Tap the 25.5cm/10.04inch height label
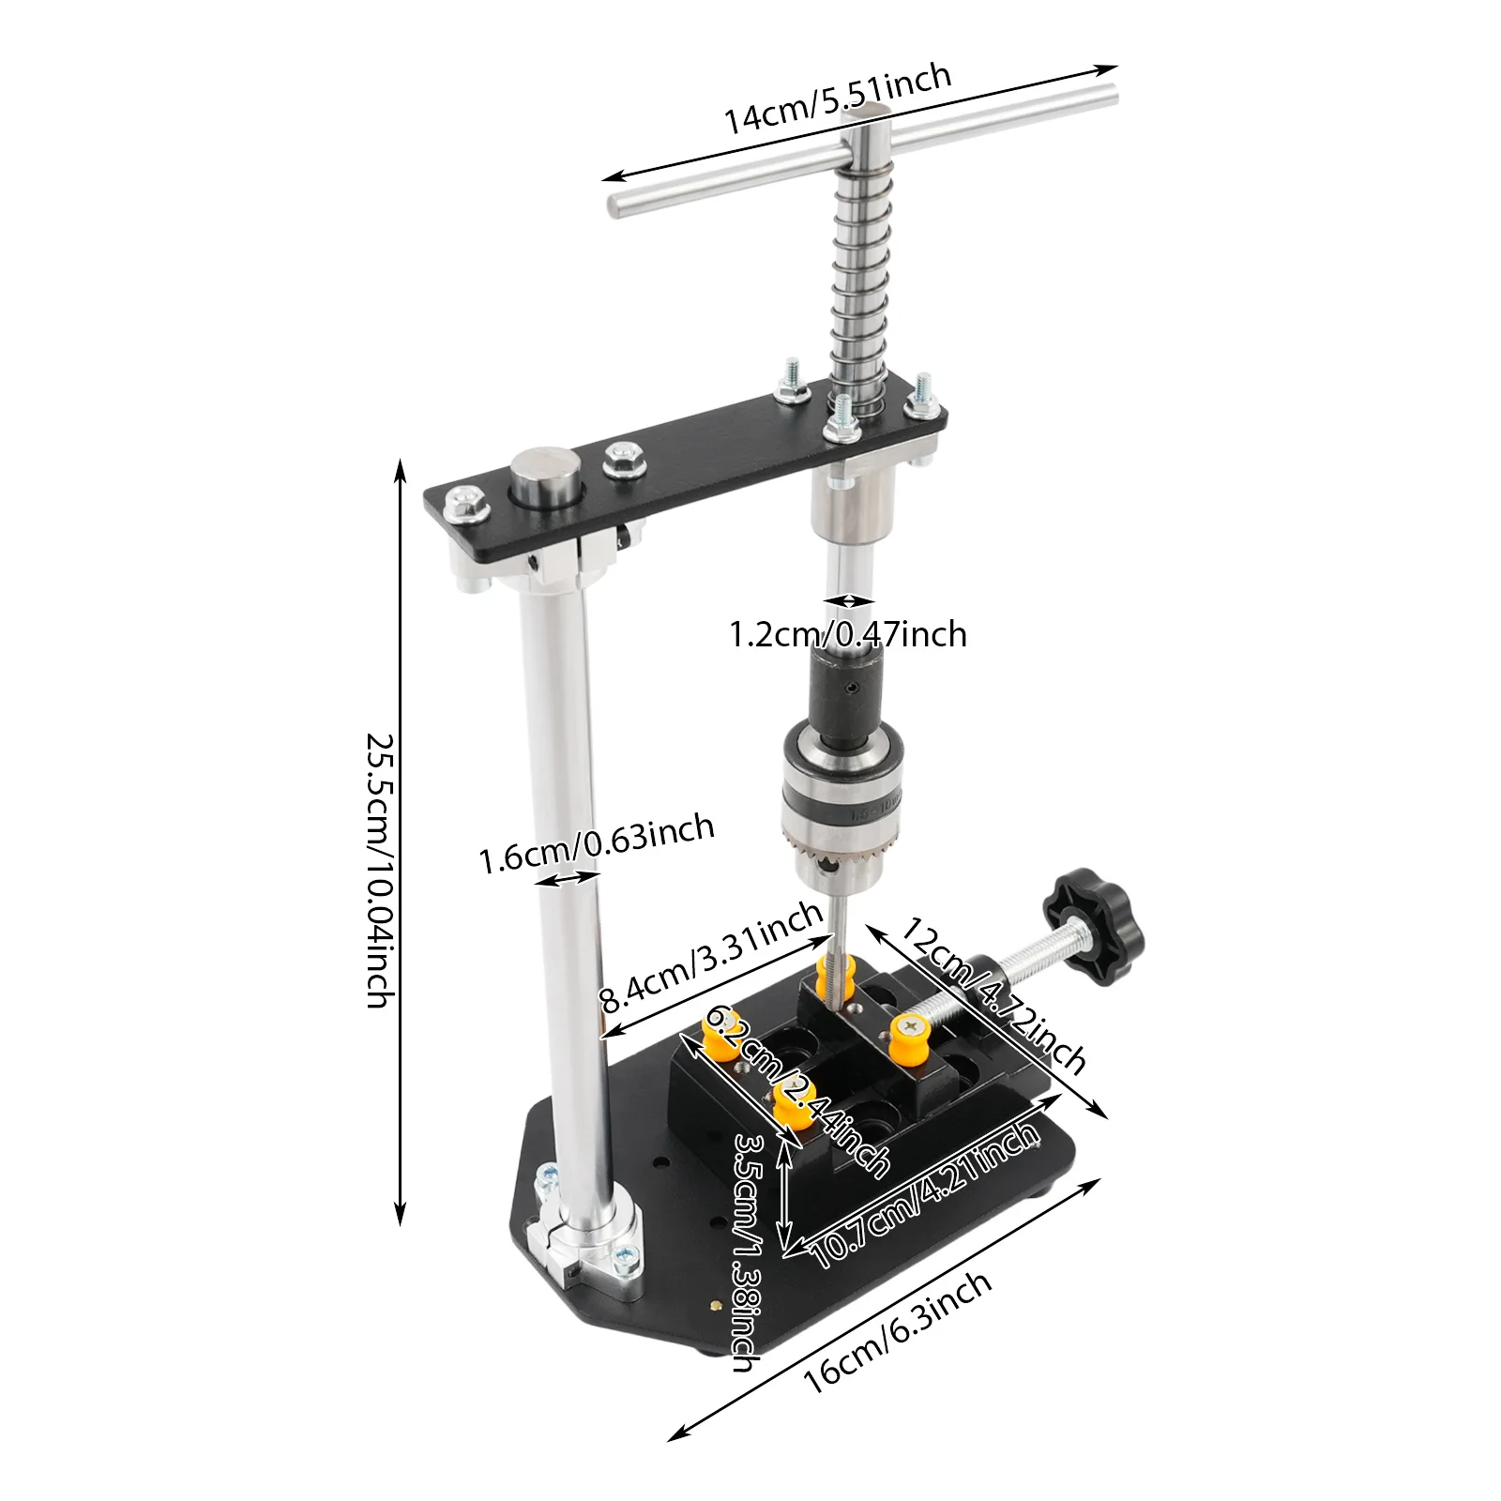click(x=380, y=870)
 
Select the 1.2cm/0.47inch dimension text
click(x=848, y=635)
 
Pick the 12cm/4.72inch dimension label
click(x=993, y=995)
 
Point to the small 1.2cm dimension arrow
click(x=849, y=600)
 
